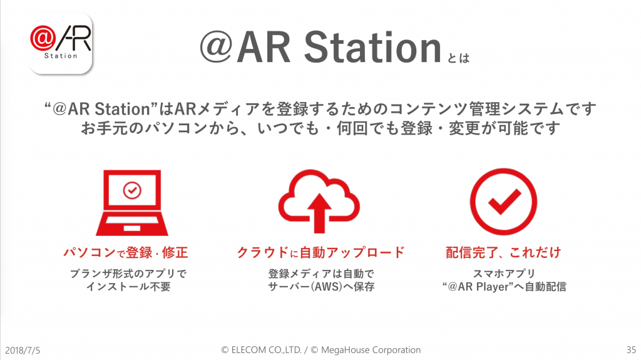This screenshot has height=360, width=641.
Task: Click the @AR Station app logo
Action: tap(61, 43)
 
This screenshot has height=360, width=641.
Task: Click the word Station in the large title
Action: tap(372, 48)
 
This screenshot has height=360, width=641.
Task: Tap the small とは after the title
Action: tap(458, 58)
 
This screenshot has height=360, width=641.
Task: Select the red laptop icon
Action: tap(131, 202)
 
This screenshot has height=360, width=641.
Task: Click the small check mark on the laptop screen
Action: tap(132, 190)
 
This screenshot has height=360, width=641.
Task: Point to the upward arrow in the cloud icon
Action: tap(319, 213)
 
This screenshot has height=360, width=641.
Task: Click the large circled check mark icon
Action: tap(503, 201)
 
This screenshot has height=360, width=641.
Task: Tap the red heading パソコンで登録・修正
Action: tap(125, 252)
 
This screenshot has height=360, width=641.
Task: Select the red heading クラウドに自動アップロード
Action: tap(321, 252)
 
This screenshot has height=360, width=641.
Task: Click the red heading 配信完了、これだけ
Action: tap(503, 252)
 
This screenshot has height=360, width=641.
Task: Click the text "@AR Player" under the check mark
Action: tap(478, 286)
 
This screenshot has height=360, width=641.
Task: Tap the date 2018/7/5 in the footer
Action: tap(23, 351)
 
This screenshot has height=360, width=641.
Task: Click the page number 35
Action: tap(631, 350)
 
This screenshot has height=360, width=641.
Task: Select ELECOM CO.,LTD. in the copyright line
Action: tap(267, 350)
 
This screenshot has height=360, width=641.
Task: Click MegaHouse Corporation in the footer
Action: tap(371, 350)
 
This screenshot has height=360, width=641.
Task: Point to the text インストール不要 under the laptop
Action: tap(128, 286)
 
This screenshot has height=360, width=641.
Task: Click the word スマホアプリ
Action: tap(504, 273)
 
